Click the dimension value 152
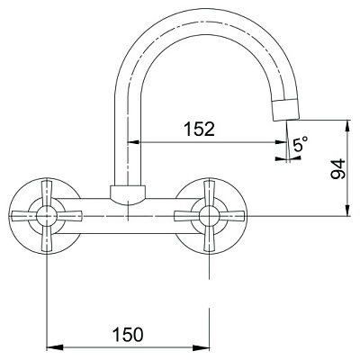[200, 129]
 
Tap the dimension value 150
[128, 334]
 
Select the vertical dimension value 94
[338, 169]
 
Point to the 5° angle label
[301, 144]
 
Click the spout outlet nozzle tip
[285, 110]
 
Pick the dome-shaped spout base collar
[128, 195]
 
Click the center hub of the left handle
[47, 216]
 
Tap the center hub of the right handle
[210, 216]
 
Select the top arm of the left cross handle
[47, 193]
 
